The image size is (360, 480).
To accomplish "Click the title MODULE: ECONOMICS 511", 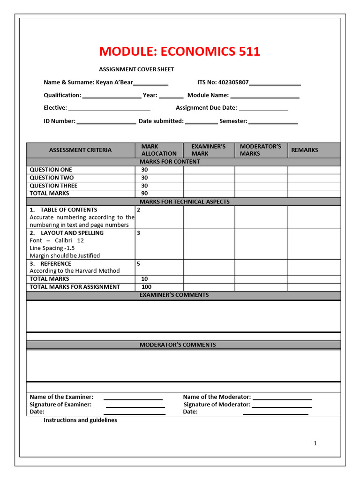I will (x=180, y=52).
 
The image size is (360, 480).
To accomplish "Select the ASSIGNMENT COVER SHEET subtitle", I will (x=136, y=69).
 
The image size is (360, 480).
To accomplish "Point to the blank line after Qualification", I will (x=112, y=96).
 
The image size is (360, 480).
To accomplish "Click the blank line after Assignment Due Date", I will (x=263, y=109).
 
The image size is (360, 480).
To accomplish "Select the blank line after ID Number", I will (x=106, y=122).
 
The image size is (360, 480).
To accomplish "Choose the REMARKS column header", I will (x=304, y=150).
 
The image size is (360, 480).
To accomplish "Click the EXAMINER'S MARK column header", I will (x=208, y=150).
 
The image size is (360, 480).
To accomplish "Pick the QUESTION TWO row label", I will (x=52, y=178).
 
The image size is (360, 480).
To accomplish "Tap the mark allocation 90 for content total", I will (x=144, y=193).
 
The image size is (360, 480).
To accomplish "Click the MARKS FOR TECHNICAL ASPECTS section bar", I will (x=183, y=202).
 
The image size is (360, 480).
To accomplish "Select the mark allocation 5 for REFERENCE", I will (x=138, y=263).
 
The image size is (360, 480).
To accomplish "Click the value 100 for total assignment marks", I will (x=146, y=286).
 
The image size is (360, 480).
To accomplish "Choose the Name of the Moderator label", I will (x=217, y=397).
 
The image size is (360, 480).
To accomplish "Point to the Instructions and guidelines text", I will (x=80, y=420).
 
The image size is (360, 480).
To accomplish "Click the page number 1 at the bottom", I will (x=315, y=443).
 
